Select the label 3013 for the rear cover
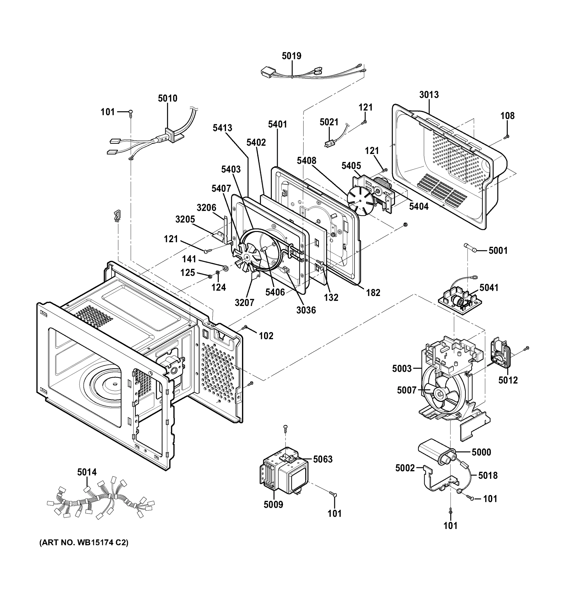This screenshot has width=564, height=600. (x=428, y=95)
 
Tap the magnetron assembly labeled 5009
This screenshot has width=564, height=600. (x=284, y=476)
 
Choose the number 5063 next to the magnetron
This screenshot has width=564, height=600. (x=322, y=459)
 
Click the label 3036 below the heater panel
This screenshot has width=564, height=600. (x=306, y=310)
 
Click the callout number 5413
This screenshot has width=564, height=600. (x=222, y=128)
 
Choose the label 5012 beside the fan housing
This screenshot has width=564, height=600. (x=508, y=380)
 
